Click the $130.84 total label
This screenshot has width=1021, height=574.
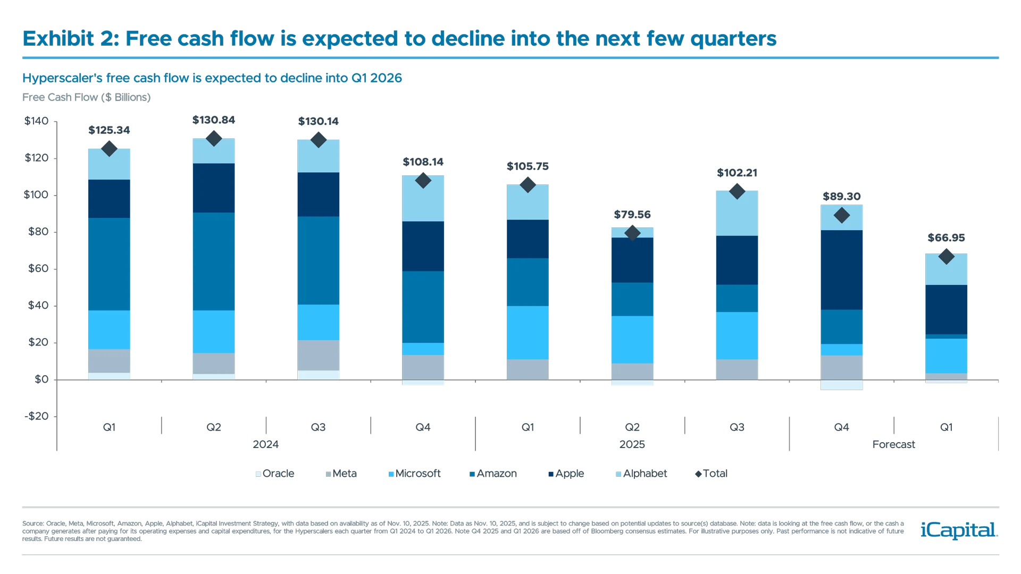(213, 120)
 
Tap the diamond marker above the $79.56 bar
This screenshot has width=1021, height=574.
(632, 233)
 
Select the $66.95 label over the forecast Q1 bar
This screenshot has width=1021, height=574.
(946, 238)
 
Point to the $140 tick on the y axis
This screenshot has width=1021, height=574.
(36, 121)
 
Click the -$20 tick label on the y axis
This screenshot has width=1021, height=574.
(36, 416)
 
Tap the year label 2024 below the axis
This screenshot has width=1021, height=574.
(265, 444)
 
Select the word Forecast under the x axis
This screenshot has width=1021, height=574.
(893, 444)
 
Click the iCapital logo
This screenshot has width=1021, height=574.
(957, 530)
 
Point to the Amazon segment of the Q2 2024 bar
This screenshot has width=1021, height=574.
(213, 261)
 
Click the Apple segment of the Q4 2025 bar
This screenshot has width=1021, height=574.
(841, 270)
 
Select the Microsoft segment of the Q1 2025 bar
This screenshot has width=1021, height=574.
(528, 333)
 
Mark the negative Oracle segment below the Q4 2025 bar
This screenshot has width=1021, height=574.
(841, 385)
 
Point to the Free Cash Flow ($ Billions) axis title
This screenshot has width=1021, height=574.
(87, 97)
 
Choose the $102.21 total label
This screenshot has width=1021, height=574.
(737, 173)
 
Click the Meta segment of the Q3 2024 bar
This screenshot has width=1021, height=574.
(318, 355)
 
